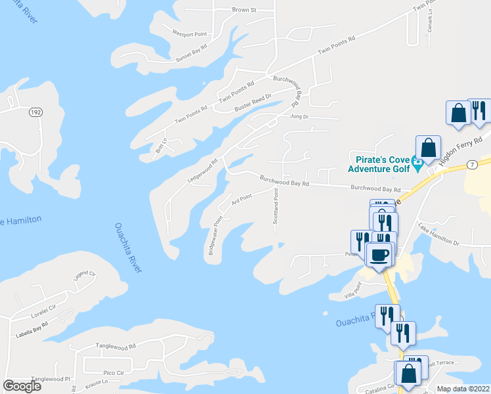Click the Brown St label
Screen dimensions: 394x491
tap(244, 11)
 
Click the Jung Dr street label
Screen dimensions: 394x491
tap(299, 116)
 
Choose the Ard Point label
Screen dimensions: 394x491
tap(241, 198)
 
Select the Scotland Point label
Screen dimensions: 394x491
tap(276, 205)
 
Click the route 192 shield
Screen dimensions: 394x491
tap(35, 112)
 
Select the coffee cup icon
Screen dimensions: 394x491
tap(379, 253)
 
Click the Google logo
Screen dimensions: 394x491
tap(22, 386)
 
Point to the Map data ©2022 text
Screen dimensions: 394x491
tap(463, 388)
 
